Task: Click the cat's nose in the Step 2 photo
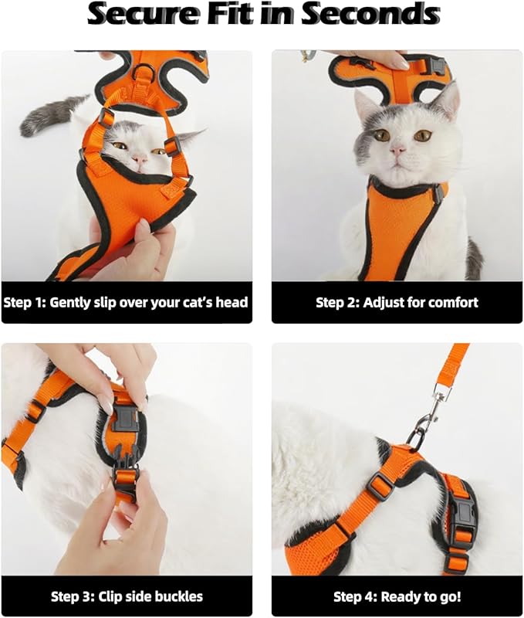[397, 148]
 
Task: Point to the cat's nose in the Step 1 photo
[140, 158]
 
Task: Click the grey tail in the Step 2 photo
[473, 258]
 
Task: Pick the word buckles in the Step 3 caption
[177, 596]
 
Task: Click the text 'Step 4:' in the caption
[356, 596]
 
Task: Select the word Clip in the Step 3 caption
[108, 596]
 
